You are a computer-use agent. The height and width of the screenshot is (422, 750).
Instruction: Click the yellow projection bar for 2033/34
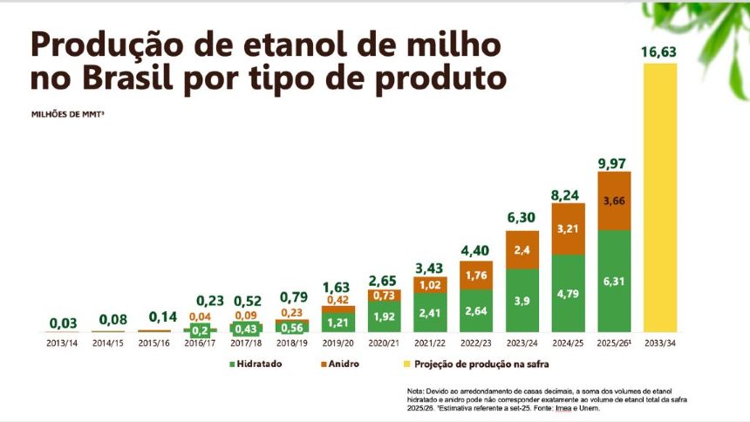click(659, 196)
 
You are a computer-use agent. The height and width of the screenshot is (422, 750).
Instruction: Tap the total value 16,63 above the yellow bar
click(659, 51)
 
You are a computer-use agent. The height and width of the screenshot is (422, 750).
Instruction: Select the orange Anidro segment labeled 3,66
click(614, 201)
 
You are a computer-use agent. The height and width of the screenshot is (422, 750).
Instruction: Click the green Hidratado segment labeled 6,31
click(614, 281)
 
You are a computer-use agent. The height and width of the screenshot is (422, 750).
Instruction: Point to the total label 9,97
click(614, 162)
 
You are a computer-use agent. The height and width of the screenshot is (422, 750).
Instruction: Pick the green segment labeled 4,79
click(569, 293)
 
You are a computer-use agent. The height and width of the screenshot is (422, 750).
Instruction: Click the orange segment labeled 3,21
click(569, 229)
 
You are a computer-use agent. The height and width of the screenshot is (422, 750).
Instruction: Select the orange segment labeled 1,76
click(476, 276)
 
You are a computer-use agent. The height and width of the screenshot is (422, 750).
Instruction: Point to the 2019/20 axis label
click(339, 344)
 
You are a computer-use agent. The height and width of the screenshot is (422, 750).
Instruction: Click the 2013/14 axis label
click(63, 344)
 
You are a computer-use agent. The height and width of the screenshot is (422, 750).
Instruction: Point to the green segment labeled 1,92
click(385, 316)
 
